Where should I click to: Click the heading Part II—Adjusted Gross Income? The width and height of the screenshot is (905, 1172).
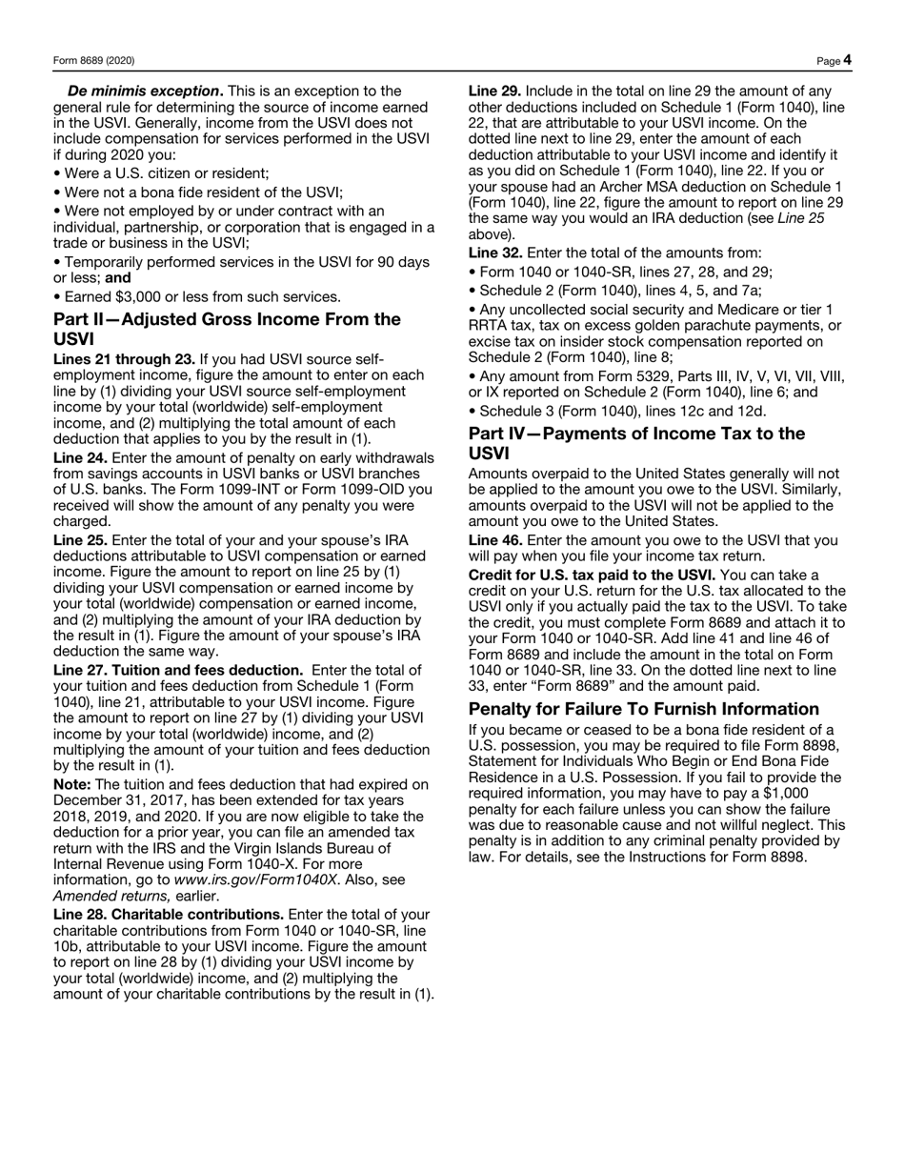[227, 319]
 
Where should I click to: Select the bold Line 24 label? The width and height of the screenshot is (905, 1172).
[80, 457]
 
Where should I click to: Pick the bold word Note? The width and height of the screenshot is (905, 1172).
[72, 784]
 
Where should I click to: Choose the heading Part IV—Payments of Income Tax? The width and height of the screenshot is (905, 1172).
[636, 434]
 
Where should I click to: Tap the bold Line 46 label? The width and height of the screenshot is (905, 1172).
[495, 540]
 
